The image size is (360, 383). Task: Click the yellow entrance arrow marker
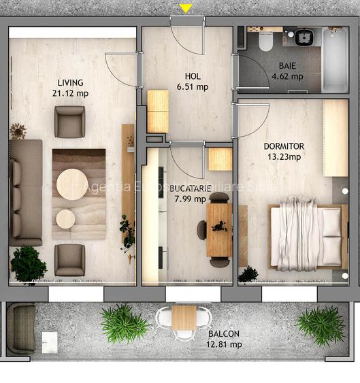[x=186, y=8]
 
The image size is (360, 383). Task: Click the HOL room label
[x=193, y=76]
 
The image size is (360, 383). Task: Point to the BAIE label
[x=287, y=66]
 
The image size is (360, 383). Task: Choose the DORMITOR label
[x=284, y=146]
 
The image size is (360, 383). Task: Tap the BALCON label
[x=224, y=333]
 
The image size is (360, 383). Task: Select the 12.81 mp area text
[x=224, y=344]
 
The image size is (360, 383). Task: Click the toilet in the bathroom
[x=265, y=42]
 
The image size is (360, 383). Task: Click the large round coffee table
[x=71, y=184]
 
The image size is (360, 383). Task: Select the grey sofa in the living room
[x=25, y=193]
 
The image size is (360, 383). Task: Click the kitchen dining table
[x=219, y=230]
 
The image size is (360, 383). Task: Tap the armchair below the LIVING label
[x=69, y=122]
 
